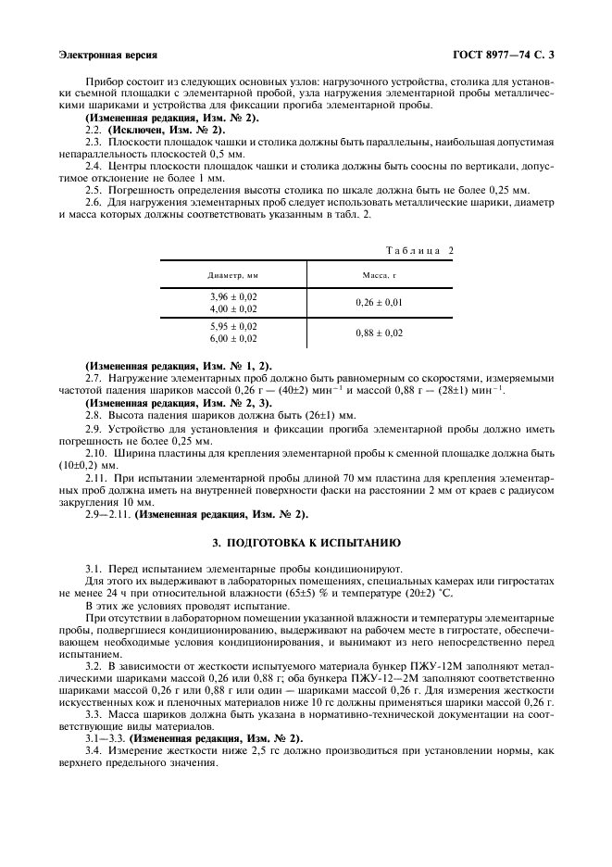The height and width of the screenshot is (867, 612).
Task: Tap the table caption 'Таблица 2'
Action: (x=418, y=250)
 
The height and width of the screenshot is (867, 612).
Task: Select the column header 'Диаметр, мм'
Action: (x=233, y=275)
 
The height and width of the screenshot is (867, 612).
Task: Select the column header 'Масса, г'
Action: (x=380, y=275)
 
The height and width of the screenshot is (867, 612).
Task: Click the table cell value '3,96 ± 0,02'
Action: (x=233, y=295)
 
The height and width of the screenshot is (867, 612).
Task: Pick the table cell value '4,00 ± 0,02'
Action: (x=233, y=308)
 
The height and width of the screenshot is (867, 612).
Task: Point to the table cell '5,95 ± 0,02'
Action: (x=233, y=326)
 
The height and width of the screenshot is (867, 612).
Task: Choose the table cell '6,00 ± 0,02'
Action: (x=233, y=339)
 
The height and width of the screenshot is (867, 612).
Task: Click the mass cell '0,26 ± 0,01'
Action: (x=380, y=302)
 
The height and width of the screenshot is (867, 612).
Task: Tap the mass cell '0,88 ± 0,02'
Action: (x=380, y=333)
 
